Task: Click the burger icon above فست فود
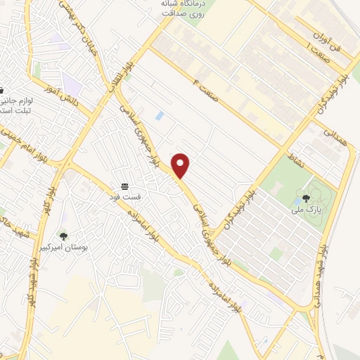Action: click(124, 185)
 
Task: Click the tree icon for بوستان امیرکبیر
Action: click(64, 237)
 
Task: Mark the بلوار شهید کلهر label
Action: click(39, 271)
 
